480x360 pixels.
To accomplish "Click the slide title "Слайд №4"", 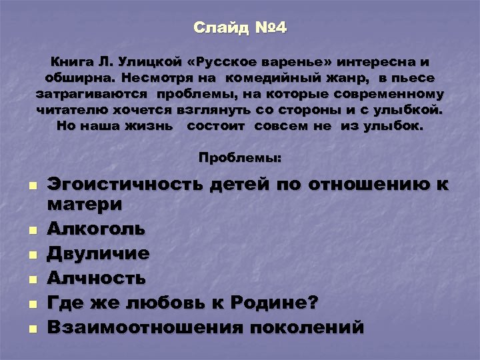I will coord(240,28).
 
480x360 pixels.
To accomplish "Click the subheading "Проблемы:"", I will coord(240,159).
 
